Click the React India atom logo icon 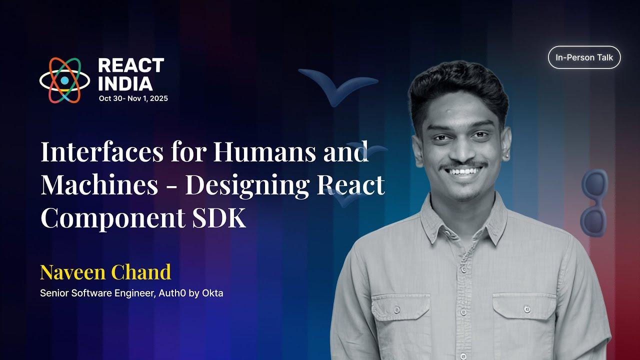pyautogui.click(x=64, y=80)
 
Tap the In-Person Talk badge pyautogui.click(x=584, y=57)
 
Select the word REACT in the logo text pyautogui.click(x=131, y=65)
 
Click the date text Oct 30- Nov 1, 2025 pyautogui.click(x=133, y=98)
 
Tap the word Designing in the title pyautogui.click(x=247, y=185)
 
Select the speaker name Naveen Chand pyautogui.click(x=105, y=272)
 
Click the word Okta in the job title pyautogui.click(x=212, y=293)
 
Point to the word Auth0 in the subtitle pyautogui.click(x=172, y=293)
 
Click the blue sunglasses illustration pyautogui.click(x=594, y=202)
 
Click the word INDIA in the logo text pyautogui.click(x=125, y=83)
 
